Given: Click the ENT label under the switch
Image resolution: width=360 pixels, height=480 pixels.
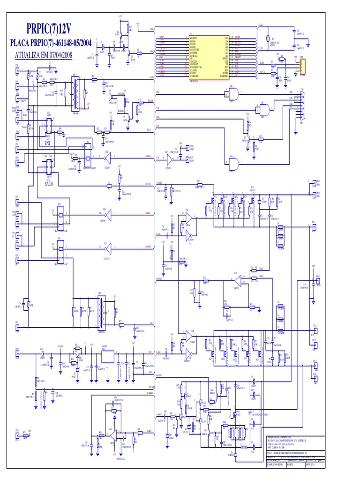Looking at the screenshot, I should point(47,142).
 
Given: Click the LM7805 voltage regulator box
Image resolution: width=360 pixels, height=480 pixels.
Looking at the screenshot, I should point(107,356).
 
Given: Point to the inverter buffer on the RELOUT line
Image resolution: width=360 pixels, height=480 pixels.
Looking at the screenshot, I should point(107,245).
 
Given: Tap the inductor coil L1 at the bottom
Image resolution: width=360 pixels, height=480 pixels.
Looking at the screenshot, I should point(244,447).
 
